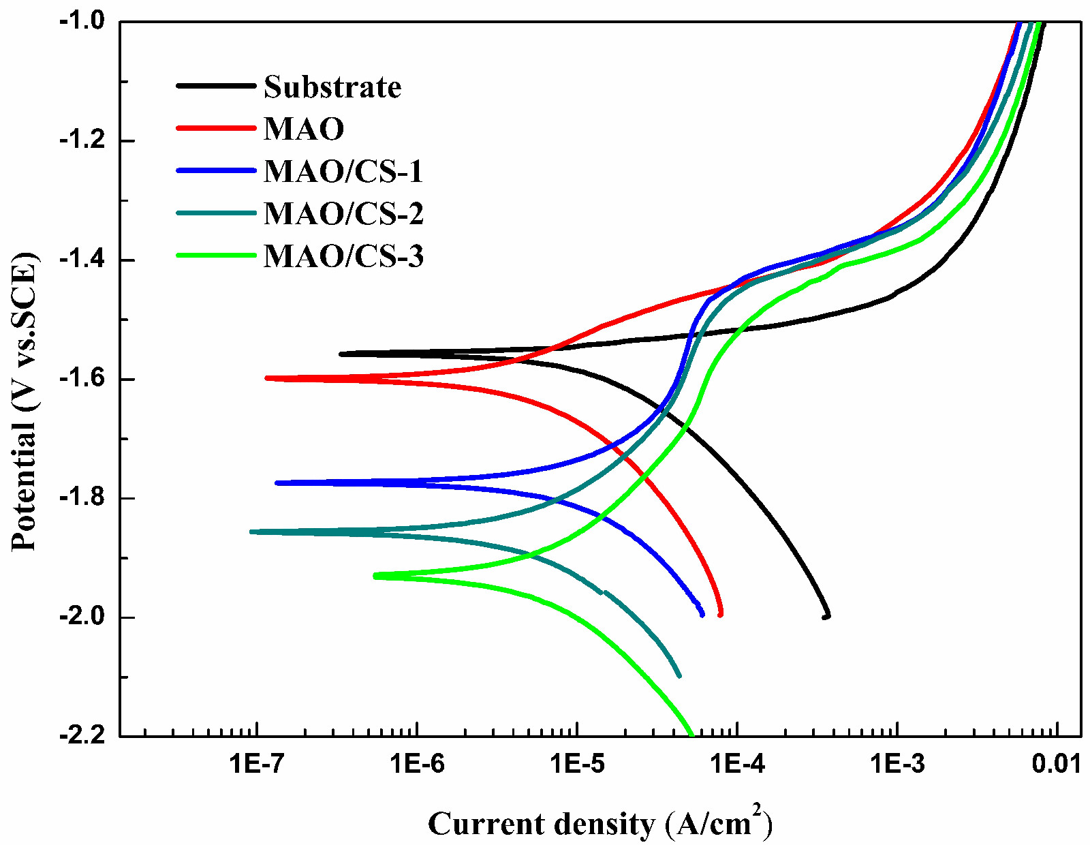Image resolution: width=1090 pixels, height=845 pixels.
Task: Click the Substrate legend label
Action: [x=332, y=87]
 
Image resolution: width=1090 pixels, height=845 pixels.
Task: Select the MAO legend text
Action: [x=304, y=129]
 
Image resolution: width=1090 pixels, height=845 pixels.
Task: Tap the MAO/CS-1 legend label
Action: [x=343, y=171]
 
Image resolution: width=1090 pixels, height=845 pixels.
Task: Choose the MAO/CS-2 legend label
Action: [x=343, y=213]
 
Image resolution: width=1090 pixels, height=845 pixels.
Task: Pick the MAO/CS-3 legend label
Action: [x=343, y=256]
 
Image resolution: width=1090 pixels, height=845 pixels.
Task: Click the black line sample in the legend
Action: [x=216, y=86]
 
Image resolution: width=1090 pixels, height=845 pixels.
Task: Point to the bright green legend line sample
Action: [x=216, y=256]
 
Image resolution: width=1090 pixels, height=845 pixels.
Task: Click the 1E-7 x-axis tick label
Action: [x=257, y=764]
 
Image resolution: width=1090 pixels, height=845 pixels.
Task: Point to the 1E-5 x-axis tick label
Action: [x=577, y=764]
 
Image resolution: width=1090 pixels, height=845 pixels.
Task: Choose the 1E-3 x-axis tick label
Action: [x=897, y=764]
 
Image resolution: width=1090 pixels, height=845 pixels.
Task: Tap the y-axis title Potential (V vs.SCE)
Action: [x=25, y=402]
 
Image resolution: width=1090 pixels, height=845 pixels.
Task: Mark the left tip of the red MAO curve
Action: [x=267, y=378]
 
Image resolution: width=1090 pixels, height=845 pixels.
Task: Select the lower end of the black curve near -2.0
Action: [x=826, y=616]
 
